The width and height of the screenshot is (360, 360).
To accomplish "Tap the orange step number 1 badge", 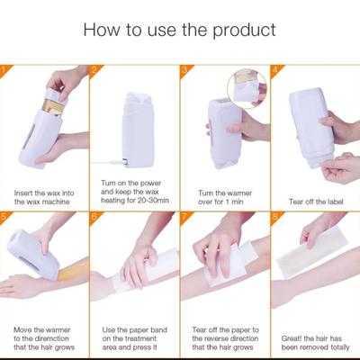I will pos(4,69).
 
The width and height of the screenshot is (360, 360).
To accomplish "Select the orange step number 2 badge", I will pos(94,69).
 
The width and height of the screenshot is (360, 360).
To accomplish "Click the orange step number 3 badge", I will pos(184,69).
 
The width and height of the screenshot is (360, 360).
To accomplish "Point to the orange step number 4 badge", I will pos(274,69).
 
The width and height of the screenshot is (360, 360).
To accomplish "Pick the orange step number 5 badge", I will pos(4,216).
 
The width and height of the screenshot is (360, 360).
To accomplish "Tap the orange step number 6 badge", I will pos(94,216).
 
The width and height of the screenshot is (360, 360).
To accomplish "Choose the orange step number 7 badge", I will pos(184,216).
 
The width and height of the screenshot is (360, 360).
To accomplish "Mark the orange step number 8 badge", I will pos(274,216).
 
